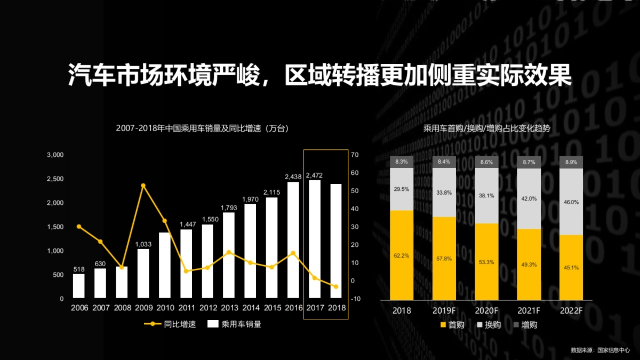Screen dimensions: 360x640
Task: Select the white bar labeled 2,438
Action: coord(293,240)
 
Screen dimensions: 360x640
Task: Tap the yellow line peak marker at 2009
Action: coord(143,186)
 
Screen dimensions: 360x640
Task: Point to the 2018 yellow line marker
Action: coord(336,287)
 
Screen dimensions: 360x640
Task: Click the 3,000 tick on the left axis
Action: coord(55,155)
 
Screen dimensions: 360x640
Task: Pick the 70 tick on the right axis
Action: coord(355,155)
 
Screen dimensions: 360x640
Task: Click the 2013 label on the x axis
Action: coord(229,308)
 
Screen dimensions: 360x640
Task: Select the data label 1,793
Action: coord(229,207)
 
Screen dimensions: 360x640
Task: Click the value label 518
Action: coord(79,270)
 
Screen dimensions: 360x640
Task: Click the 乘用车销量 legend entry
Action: coord(234,324)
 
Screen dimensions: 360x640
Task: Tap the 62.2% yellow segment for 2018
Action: coord(402,255)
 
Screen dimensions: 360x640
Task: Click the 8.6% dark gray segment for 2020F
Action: coord(486,162)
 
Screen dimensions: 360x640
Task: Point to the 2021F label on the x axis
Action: coord(529,310)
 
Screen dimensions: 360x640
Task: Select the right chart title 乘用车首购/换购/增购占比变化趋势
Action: coord(486,129)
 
